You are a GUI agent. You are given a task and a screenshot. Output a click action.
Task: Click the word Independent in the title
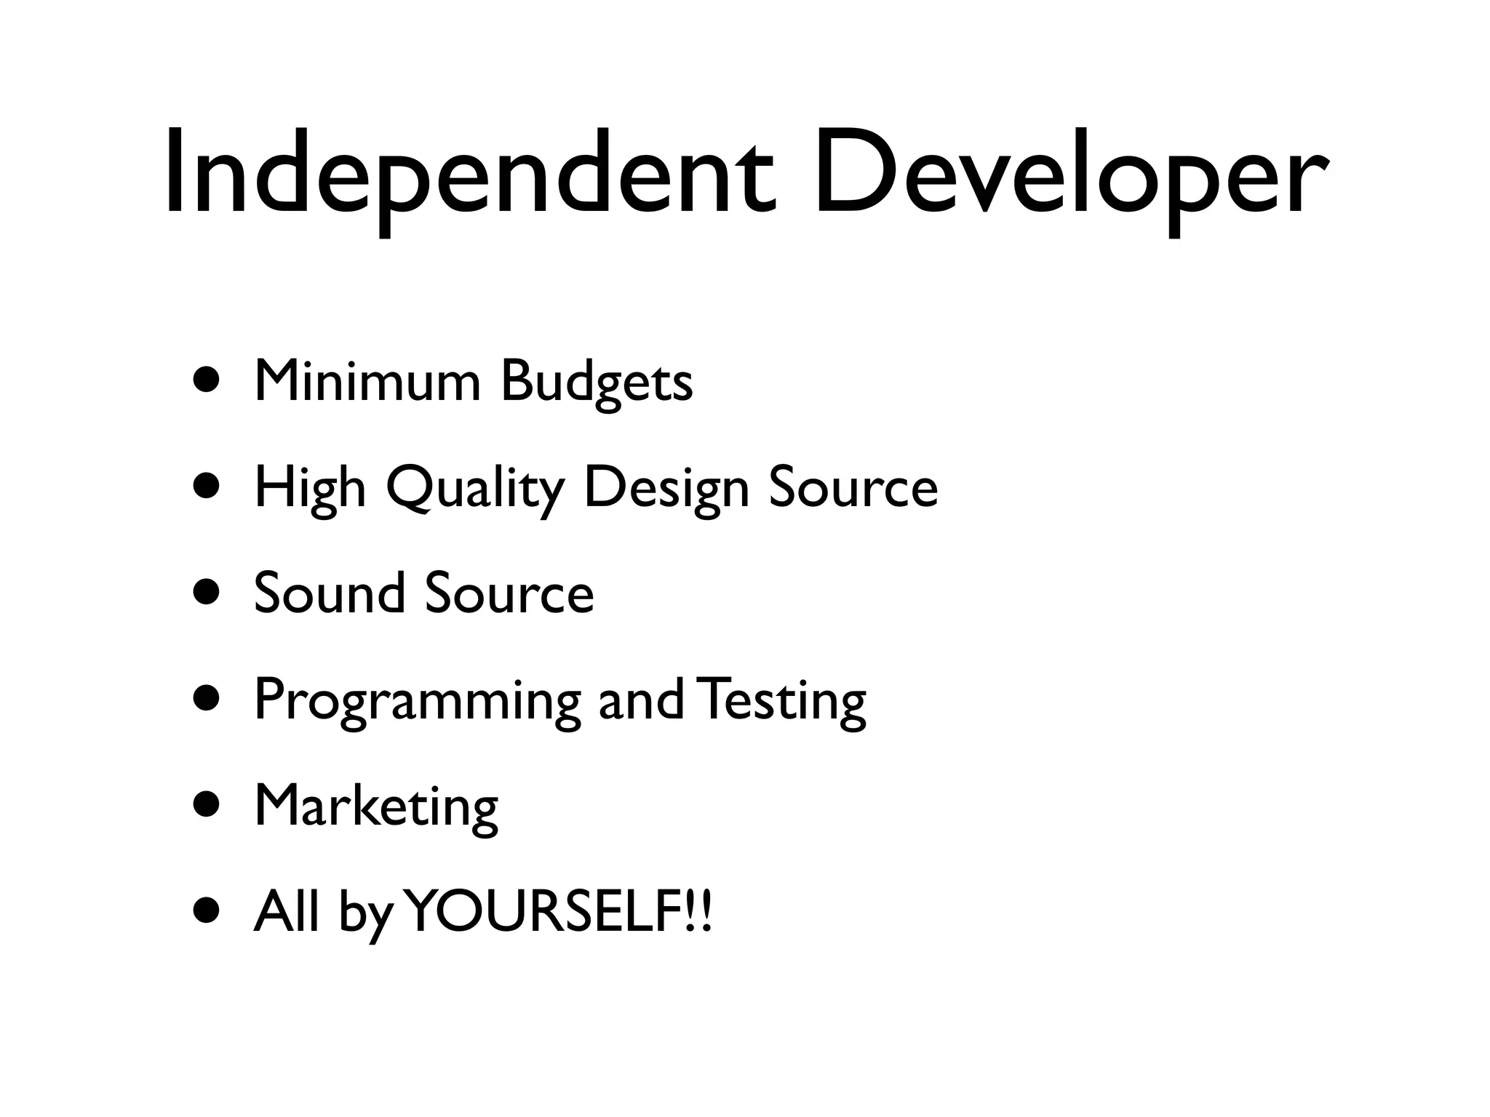pos(466,175)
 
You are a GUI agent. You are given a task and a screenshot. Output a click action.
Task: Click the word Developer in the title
pos(1069,175)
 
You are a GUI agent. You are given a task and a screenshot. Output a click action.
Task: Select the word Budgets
pos(597,382)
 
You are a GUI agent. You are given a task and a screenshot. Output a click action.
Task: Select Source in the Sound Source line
pos(509,593)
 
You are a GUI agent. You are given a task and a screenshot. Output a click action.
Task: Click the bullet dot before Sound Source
pos(207,593)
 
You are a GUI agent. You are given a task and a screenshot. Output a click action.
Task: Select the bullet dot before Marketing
pos(207,805)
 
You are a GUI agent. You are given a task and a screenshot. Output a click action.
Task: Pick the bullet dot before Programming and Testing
pos(207,699)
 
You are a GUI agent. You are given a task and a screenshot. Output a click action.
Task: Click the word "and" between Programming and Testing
pos(640,700)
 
